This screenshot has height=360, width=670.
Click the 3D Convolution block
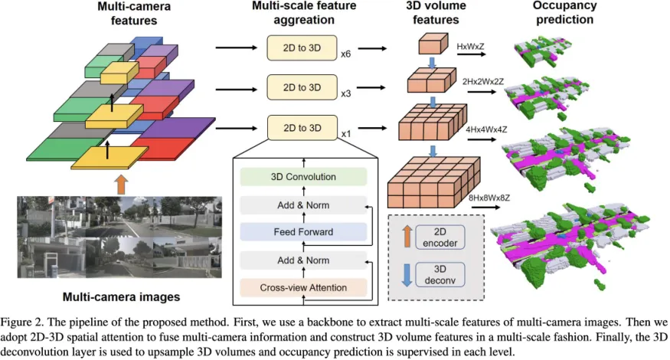[x=303, y=177]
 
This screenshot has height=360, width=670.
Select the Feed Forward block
[x=303, y=232]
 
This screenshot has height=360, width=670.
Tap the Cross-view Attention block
[x=303, y=287]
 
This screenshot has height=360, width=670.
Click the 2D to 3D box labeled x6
[x=302, y=48]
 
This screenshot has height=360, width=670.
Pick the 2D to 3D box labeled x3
[x=302, y=87]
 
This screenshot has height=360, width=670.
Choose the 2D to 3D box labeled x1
[x=302, y=127]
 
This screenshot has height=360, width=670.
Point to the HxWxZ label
[x=470, y=46]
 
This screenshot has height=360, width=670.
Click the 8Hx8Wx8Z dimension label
[x=489, y=198]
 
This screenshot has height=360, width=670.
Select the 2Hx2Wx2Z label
[x=483, y=81]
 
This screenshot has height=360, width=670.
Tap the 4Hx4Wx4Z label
[x=486, y=129]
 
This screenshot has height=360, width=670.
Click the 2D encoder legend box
[x=440, y=237]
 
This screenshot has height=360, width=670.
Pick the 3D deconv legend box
[x=440, y=274]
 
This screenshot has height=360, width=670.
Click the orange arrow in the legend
[x=407, y=237]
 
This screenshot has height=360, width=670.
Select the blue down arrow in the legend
[x=407, y=275]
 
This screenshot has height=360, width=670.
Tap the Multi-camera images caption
[x=121, y=296]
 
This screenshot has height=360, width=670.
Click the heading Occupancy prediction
[x=564, y=13]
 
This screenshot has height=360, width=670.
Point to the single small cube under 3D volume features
[x=433, y=44]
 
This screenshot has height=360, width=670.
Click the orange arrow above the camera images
[x=122, y=185]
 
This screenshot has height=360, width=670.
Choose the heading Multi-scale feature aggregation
[x=304, y=13]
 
